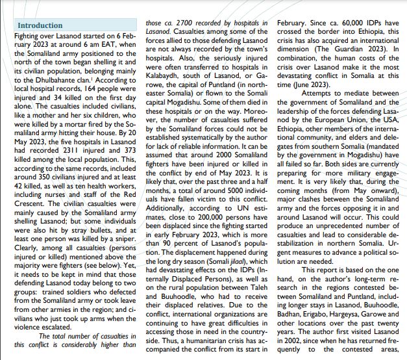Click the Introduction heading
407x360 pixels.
40,26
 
